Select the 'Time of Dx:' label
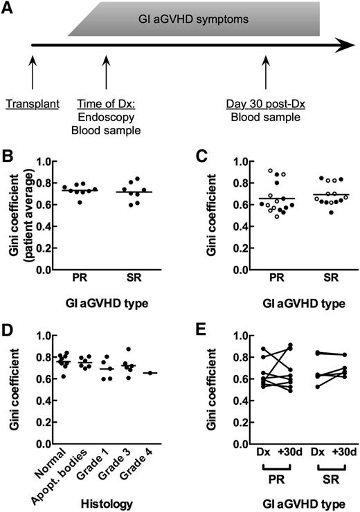coord(105,105)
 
